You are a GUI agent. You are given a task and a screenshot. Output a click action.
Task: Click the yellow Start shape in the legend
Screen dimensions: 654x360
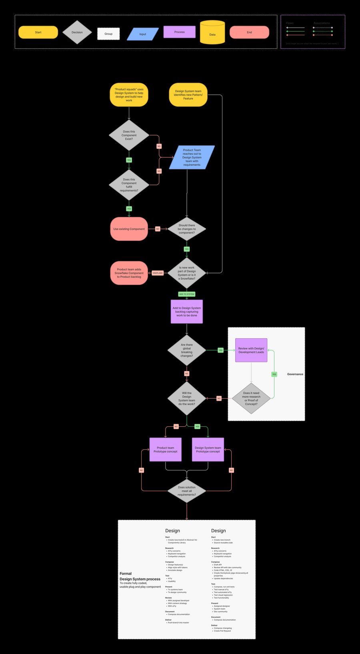(38, 32)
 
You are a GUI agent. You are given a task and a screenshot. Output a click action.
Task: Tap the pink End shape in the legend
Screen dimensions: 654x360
(249, 32)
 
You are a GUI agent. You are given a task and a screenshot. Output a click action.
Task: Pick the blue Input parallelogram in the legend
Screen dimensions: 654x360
(142, 34)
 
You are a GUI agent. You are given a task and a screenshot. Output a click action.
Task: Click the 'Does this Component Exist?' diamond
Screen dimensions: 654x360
(129, 135)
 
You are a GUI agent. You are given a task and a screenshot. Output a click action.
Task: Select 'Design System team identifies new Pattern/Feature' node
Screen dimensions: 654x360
(188, 95)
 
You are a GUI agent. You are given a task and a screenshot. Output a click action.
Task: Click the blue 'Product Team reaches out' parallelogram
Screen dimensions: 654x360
(192, 157)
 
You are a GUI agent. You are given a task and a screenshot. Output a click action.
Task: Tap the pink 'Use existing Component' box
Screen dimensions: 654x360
(129, 229)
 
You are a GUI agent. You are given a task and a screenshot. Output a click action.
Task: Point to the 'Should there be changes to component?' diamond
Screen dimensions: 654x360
(186, 229)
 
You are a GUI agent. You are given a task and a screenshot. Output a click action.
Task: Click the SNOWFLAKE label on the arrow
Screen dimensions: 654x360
(158, 273)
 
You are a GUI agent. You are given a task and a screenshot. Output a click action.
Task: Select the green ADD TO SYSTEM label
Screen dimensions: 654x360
(186, 294)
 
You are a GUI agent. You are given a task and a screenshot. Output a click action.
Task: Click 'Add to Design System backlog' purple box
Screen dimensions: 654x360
(186, 312)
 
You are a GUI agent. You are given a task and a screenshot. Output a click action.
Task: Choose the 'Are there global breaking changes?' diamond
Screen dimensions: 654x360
(186, 350)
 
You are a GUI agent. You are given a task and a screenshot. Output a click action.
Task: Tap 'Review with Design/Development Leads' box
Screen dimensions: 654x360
(251, 350)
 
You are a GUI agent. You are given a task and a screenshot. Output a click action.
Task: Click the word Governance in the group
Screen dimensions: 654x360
(295, 374)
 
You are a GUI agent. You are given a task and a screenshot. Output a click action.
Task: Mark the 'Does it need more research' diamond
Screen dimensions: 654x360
(251, 399)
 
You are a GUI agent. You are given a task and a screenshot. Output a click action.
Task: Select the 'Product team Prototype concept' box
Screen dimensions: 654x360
(165, 449)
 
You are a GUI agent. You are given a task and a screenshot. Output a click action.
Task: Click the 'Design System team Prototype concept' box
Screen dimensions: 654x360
(208, 449)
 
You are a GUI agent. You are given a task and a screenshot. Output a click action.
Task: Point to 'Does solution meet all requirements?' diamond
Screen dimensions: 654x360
(186, 491)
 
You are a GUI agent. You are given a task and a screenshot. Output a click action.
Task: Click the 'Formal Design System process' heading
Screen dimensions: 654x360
(140, 576)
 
